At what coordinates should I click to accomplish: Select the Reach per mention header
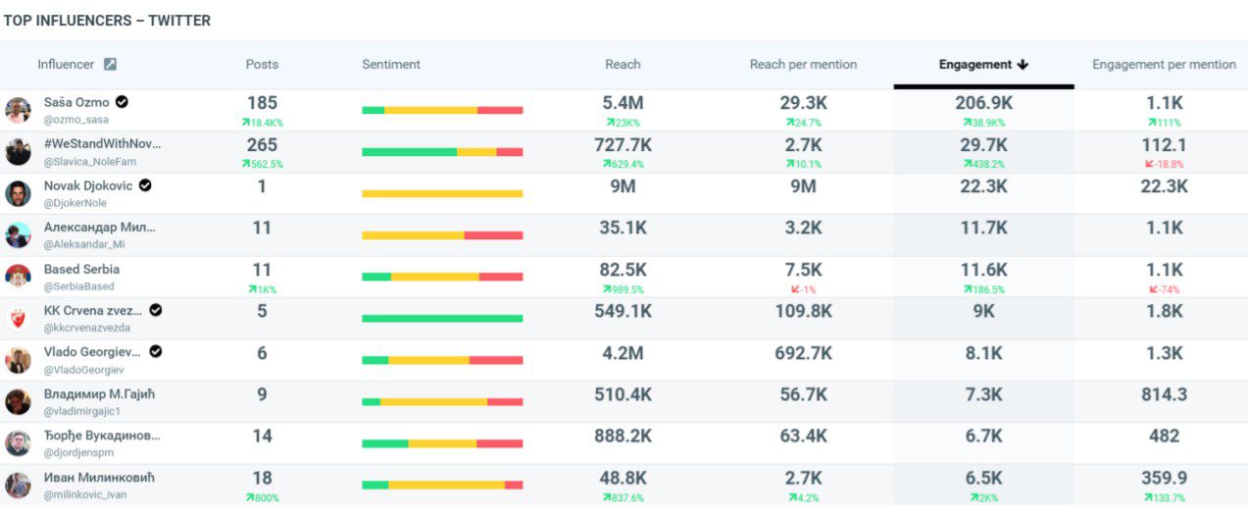coord(803,65)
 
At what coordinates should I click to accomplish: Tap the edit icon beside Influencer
coord(111,65)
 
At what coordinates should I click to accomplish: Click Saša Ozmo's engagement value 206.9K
coord(983,103)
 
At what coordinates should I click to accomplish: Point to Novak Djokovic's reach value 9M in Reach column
coord(623,186)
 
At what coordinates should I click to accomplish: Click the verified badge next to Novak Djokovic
coord(145,185)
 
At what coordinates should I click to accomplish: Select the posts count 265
coord(262,145)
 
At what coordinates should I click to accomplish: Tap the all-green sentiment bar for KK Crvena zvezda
coord(442,319)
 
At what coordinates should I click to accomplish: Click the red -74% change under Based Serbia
coord(1164,289)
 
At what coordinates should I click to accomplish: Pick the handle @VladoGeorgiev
coord(83,370)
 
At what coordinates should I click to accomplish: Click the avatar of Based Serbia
coord(18,277)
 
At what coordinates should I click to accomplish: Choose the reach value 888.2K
coord(623,436)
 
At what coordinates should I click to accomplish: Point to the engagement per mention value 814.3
coord(1164,394)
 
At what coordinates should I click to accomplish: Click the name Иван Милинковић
coord(99,478)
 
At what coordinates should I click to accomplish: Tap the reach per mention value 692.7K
coord(803,353)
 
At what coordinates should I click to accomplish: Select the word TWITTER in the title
coord(179,21)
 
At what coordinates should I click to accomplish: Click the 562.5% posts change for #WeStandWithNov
coord(263,164)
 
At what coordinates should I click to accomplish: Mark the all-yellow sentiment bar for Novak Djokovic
coord(442,194)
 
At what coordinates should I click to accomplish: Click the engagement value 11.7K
coord(983,228)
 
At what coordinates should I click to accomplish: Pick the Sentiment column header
coord(391,65)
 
